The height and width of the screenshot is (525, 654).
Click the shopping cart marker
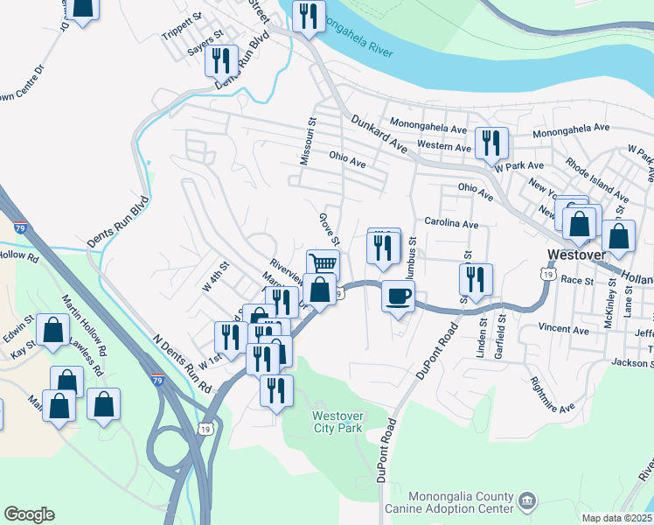tap(323, 262)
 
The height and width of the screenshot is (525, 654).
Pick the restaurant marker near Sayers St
tap(222, 60)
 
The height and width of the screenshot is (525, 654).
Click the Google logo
tap(29, 514)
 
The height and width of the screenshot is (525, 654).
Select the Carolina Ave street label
tap(451, 224)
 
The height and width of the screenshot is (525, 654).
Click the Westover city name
tap(576, 255)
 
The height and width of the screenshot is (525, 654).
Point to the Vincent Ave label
tap(563, 330)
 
